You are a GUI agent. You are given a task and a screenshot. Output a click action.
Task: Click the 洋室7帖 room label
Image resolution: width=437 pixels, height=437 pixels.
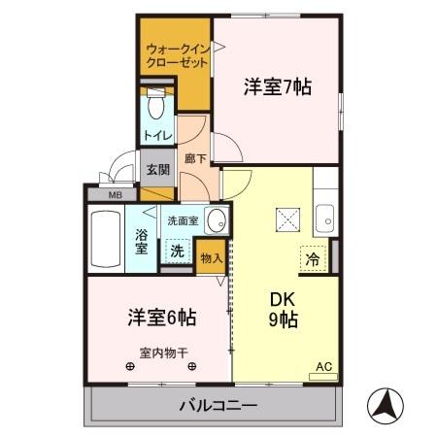click(277, 86)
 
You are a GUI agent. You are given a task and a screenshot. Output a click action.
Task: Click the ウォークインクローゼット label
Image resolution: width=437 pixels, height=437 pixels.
click(176, 54)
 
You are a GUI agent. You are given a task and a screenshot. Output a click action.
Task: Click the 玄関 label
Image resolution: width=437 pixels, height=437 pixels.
click(157, 168)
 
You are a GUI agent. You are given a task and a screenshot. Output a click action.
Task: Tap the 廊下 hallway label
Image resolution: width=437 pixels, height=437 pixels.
click(192, 156)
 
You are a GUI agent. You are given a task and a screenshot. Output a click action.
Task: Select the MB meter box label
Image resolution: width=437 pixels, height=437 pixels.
click(115, 193)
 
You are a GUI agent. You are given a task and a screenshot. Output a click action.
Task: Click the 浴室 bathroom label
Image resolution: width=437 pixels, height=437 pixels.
click(142, 241)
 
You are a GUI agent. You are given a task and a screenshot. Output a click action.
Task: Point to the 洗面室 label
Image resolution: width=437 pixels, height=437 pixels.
click(183, 220)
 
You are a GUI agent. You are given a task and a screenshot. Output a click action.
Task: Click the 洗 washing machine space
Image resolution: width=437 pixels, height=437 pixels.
click(177, 250)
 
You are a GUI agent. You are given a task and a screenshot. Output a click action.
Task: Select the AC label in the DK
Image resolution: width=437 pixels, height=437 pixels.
click(323, 367)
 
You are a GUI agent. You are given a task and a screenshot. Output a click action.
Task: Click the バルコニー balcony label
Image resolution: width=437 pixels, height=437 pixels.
click(218, 404)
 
